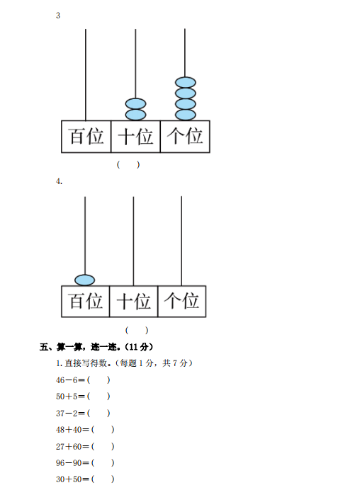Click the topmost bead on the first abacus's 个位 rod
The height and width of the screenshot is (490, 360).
click(x=186, y=83)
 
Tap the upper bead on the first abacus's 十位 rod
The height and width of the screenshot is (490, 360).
click(x=135, y=104)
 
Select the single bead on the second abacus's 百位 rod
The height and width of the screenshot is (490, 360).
click(x=85, y=280)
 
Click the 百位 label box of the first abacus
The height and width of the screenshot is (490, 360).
click(x=86, y=137)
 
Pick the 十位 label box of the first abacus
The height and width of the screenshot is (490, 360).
click(x=135, y=137)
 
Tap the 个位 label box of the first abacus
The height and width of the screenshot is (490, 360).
click(x=185, y=137)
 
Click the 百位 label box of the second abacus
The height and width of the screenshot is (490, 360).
click(x=85, y=301)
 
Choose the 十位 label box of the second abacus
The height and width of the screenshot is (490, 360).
click(x=133, y=301)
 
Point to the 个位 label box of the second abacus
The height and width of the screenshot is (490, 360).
click(x=181, y=301)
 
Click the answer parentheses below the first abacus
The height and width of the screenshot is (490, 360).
click(x=128, y=164)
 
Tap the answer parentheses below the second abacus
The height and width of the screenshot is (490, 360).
click(x=137, y=330)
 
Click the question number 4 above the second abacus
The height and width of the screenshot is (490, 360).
click(x=59, y=181)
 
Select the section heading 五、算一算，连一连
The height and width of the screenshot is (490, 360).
click(x=78, y=347)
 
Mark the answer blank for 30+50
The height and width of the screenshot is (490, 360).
click(x=103, y=479)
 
